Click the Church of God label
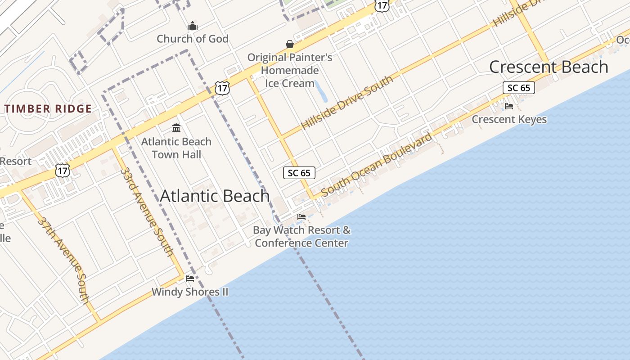(193, 39)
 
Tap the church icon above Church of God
(193, 26)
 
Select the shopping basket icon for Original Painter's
(290, 44)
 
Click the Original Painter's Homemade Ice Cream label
(290, 70)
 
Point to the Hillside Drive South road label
(346, 102)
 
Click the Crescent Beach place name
(549, 67)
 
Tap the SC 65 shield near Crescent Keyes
(518, 88)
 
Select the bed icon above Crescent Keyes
(509, 106)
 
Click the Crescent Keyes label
(509, 119)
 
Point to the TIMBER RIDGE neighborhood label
(48, 108)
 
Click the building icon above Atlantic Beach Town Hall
(176, 129)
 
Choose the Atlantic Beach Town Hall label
(176, 148)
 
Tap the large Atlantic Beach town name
(215, 196)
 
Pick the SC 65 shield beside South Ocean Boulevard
(299, 173)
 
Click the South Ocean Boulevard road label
(377, 164)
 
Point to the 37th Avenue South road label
(63, 260)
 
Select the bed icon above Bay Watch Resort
(301, 217)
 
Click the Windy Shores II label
(190, 292)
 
